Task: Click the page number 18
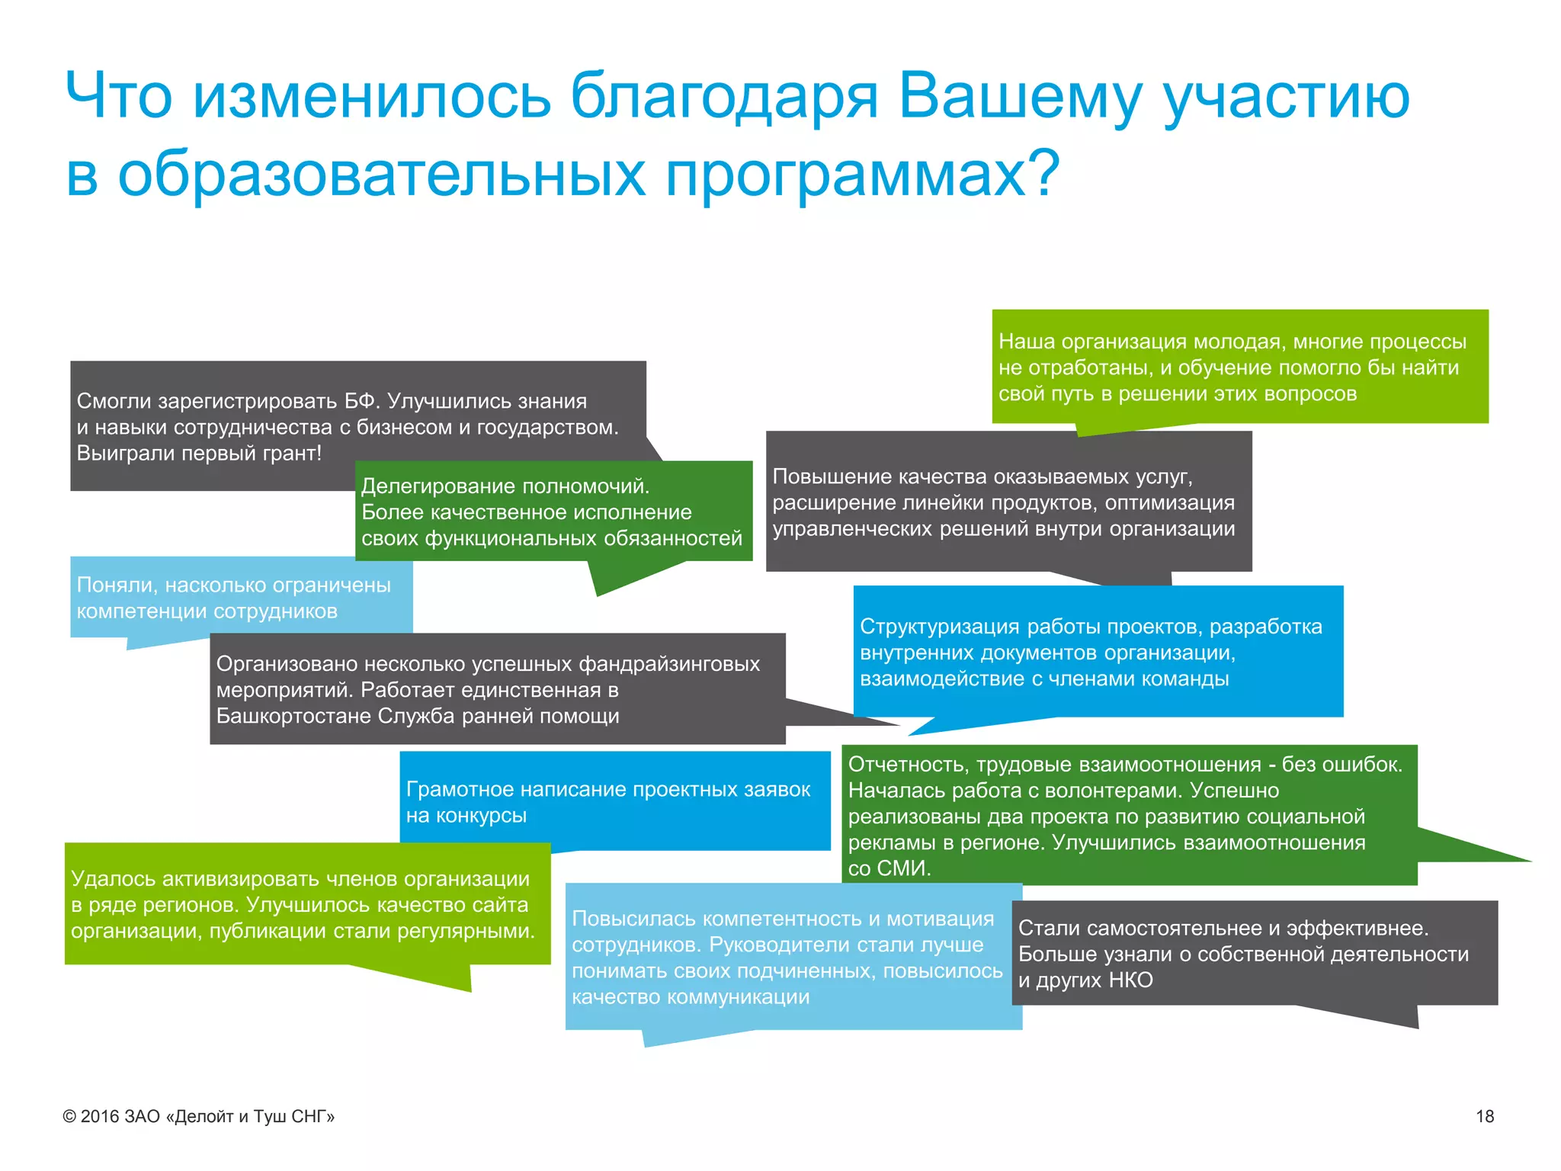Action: click(x=1484, y=1116)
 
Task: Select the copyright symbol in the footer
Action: click(x=69, y=1117)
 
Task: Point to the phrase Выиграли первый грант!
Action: click(x=199, y=453)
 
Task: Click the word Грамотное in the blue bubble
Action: click(x=459, y=789)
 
